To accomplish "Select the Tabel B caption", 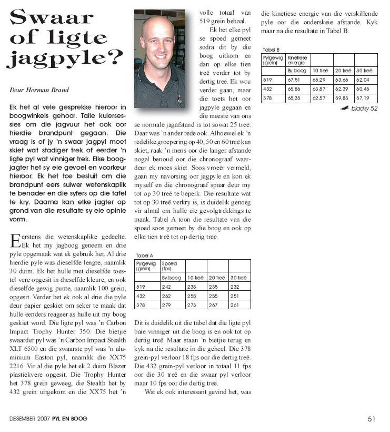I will coord(270,49).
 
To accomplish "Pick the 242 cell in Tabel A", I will coord(168,287).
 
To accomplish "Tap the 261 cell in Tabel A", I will coord(235,305).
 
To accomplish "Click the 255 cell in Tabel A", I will coord(213,296).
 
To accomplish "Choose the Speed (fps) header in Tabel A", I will coord(170,266).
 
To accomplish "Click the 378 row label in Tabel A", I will coord(141,305).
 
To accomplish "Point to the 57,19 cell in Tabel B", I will coord(363,98).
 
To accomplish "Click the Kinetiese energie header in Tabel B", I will coord(297,60).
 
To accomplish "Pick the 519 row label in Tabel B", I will coord(268,79).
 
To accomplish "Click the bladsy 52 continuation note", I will coord(362,109).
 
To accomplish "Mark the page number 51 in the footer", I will coord(371,419).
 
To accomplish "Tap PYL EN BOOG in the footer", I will coord(69,419).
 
